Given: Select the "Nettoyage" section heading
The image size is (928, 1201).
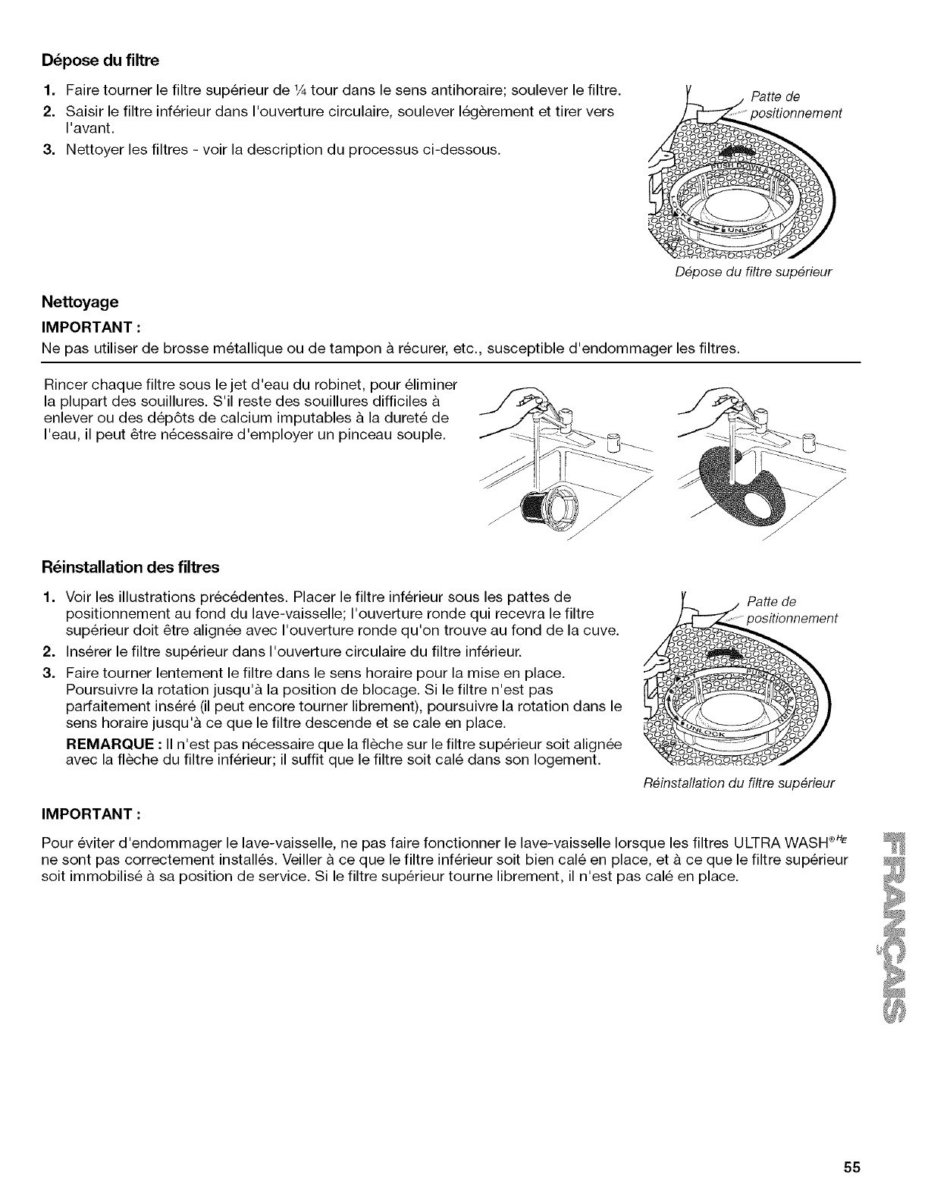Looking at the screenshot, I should [80, 302].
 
